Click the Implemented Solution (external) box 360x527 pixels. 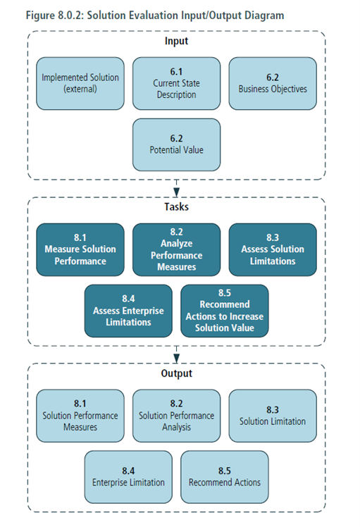tap(80, 83)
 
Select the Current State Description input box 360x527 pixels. tap(176, 83)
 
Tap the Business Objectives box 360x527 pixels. tap(272, 83)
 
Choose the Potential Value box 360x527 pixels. tap(176, 144)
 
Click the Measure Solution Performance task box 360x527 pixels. tap(80, 249)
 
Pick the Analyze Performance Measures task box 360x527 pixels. tap(176, 249)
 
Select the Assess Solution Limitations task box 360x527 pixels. tap(272, 249)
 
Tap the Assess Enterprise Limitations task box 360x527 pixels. tap(128, 311)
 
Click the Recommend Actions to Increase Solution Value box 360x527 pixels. tap(224, 311)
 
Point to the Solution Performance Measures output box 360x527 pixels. tap(80, 416)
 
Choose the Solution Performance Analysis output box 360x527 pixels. tap(176, 416)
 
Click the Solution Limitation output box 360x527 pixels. tap(272, 416)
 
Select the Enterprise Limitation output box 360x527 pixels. tap(128, 477)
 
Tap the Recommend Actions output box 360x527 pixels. tap(224, 477)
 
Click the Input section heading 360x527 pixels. tap(176, 42)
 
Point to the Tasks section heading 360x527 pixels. tap(176, 208)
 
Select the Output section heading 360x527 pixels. tap(176, 374)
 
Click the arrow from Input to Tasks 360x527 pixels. tap(177, 189)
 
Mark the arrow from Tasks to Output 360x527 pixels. tap(177, 354)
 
